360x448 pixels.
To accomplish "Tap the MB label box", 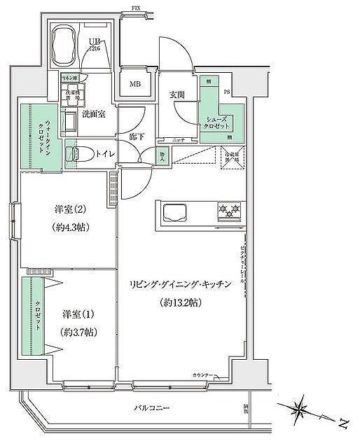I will point(134,85).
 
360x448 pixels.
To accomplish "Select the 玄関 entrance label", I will point(176,95).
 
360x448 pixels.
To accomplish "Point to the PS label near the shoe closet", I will point(226,92).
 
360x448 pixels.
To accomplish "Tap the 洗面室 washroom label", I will point(93,113).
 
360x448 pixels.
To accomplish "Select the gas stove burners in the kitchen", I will point(230,209).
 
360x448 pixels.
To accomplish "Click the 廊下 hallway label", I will point(137,136).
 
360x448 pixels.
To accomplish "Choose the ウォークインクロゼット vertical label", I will point(36,135).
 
